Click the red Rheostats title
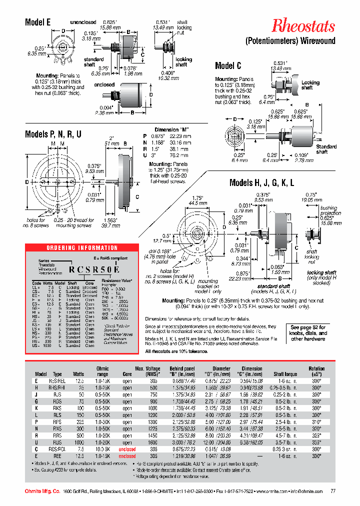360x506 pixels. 303,26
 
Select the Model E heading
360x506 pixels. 38,22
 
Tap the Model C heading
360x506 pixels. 228,66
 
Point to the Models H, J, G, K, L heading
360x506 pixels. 261,183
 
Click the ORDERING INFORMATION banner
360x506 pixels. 82,248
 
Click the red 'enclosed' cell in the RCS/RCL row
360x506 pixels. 127,449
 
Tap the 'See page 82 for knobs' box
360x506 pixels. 308,332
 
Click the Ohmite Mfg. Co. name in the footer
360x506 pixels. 42,491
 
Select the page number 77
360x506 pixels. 333,491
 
